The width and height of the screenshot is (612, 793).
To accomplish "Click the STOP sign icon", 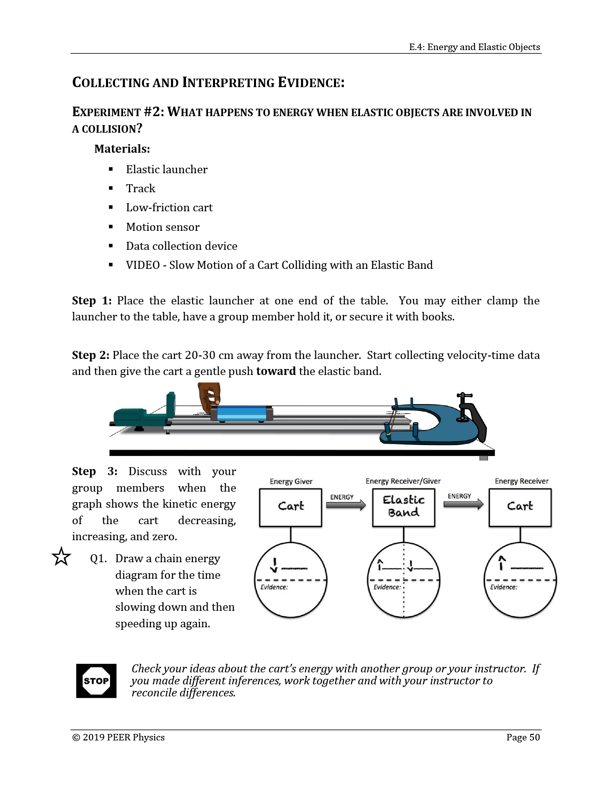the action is pyautogui.click(x=96, y=680).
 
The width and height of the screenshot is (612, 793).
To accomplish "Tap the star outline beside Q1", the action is pyautogui.click(x=61, y=557).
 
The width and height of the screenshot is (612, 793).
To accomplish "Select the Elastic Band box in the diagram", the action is pyautogui.click(x=403, y=507).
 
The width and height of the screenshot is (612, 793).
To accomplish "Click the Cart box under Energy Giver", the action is pyautogui.click(x=290, y=507).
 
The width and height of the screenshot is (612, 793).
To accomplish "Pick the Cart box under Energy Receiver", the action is pyautogui.click(x=520, y=507).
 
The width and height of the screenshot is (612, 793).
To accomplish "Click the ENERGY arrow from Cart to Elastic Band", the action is pyautogui.click(x=346, y=505).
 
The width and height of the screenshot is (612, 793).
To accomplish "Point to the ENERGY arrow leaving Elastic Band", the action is pyautogui.click(x=463, y=504).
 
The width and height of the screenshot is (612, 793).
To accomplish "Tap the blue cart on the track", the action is pyautogui.click(x=242, y=414).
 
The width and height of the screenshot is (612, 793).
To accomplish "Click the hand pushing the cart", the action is pyautogui.click(x=209, y=398).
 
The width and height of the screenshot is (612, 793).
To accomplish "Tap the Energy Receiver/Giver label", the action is pyautogui.click(x=403, y=481).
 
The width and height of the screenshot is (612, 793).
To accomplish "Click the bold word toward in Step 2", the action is pyautogui.click(x=276, y=371).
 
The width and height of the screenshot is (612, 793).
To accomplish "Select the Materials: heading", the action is pyautogui.click(x=122, y=149).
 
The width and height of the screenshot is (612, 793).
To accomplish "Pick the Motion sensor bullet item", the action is pyautogui.click(x=162, y=227).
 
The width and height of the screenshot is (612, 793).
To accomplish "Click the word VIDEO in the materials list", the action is pyautogui.click(x=143, y=265).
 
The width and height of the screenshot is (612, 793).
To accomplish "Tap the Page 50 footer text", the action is pyautogui.click(x=523, y=737).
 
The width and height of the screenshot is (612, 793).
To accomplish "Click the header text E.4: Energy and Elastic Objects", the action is pyautogui.click(x=474, y=47).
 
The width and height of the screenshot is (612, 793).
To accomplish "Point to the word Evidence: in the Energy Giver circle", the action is pyautogui.click(x=274, y=587).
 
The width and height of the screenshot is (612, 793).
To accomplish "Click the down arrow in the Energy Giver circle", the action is pyautogui.click(x=275, y=565).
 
